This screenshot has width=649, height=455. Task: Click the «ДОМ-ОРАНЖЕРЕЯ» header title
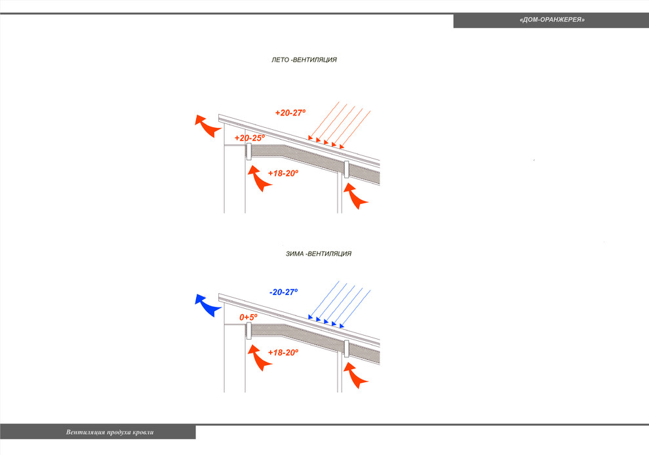(552, 20)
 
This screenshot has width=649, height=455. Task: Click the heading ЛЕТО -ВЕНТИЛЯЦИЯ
(304, 60)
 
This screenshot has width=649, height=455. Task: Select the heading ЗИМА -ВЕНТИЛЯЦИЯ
(319, 253)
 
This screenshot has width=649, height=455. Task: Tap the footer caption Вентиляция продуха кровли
(109, 432)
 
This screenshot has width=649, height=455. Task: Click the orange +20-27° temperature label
(290, 113)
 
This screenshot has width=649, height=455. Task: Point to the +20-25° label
(250, 138)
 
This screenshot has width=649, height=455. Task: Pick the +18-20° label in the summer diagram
(283, 173)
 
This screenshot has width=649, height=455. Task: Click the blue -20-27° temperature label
(283, 292)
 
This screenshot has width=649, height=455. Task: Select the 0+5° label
(248, 317)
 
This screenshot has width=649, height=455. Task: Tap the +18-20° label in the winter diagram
(283, 352)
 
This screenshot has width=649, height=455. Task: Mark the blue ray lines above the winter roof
(339, 305)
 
